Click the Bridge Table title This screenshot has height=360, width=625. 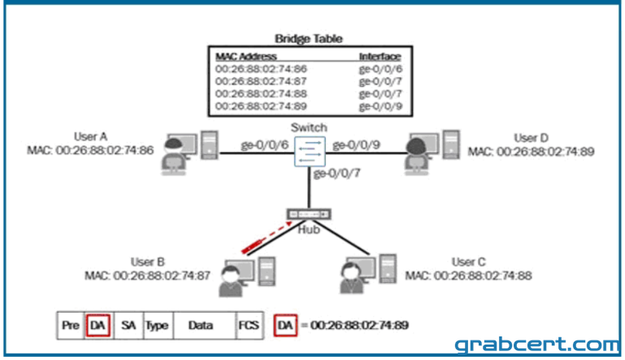point(309,39)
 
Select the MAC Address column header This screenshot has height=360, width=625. point(246,56)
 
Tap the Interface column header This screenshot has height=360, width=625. point(380,56)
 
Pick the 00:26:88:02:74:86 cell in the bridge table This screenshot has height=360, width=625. point(261,68)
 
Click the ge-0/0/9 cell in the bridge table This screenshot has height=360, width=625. point(380,106)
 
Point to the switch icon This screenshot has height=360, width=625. point(310,151)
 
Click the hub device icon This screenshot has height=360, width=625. point(309,214)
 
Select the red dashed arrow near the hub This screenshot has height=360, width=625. point(267,237)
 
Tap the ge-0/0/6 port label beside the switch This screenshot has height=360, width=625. point(264,145)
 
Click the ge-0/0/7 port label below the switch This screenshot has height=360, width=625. point(336,173)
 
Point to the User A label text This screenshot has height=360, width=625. point(90,137)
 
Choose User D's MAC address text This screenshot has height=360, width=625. point(531,151)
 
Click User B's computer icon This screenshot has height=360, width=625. point(247,276)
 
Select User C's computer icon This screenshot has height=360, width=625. point(368,274)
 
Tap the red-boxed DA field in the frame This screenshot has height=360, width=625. point(98,325)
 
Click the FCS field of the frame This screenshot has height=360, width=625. point(249,325)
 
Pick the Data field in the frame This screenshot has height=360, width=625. point(201,325)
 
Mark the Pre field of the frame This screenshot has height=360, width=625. point(71,325)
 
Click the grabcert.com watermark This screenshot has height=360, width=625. point(537,344)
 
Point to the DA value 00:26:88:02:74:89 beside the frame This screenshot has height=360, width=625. point(359,325)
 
